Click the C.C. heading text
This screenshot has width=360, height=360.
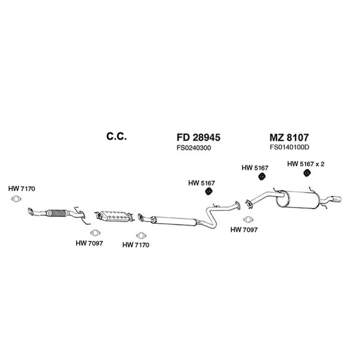pyautogui.click(x=116, y=136)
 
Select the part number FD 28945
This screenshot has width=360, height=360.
pyautogui.click(x=198, y=137)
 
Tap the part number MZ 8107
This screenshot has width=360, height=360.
pyautogui.click(x=289, y=137)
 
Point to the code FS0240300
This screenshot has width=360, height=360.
pyautogui.click(x=194, y=148)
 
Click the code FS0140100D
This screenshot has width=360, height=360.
pyautogui.click(x=289, y=147)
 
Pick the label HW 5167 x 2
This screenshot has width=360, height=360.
pyautogui.click(x=306, y=164)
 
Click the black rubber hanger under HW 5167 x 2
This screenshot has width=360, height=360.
pyautogui.click(x=307, y=173)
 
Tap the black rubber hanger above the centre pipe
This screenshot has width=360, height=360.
pyautogui.click(x=208, y=191)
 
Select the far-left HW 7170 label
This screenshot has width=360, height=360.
pyautogui.click(x=22, y=189)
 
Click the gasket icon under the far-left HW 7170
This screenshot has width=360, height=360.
pyautogui.click(x=16, y=199)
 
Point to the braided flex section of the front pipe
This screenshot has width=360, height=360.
pyautogui.click(x=58, y=213)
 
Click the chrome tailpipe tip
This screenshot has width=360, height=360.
pyautogui.click(x=336, y=199)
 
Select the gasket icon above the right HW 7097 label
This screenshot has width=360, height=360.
pyautogui.click(x=248, y=220)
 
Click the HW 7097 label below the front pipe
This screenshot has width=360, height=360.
pyautogui.click(x=89, y=243)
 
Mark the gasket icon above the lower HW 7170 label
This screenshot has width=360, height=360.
pyautogui.click(x=141, y=236)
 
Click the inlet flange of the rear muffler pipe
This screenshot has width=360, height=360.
pyautogui.click(x=248, y=204)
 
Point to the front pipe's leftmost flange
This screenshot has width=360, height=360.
pyautogui.click(x=30, y=212)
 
